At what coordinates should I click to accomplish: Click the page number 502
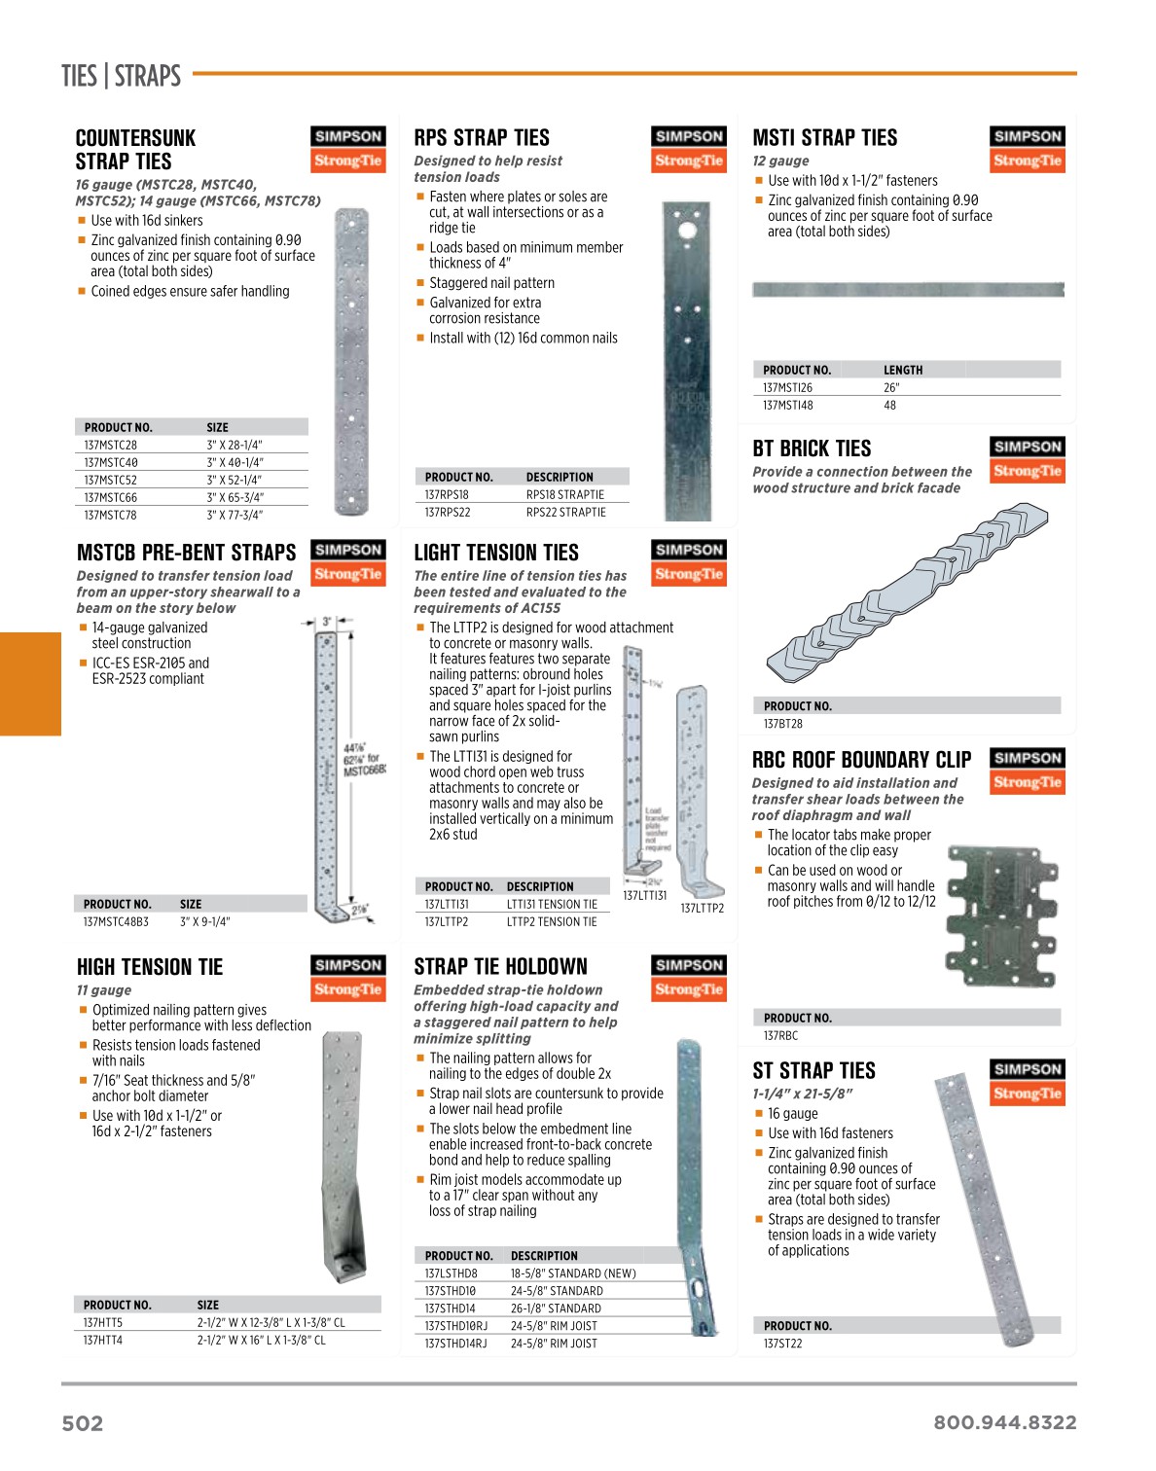pos(83,1423)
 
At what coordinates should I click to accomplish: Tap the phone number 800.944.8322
pos(1004,1422)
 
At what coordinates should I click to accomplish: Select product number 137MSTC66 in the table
pos(110,497)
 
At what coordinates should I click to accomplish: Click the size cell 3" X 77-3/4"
pos(235,515)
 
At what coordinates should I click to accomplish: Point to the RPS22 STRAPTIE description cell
pos(565,512)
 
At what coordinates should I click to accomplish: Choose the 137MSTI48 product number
pos(788,405)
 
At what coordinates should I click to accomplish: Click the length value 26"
pos(891,387)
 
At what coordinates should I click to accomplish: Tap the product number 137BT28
pos(783,724)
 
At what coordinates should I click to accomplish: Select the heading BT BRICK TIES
pos(812,448)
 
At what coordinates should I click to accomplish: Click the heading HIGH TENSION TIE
pos(150,967)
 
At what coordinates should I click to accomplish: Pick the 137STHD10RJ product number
pos(456,1325)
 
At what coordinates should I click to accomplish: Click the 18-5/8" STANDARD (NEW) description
pos(573,1273)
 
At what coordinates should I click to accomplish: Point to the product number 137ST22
pos(783,1344)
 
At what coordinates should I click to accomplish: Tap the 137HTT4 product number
pos(103,1340)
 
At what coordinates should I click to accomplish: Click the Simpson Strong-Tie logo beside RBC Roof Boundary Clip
pos(1028,771)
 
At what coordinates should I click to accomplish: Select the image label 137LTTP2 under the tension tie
pos(702,909)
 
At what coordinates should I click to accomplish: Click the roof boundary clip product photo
pos(1001,915)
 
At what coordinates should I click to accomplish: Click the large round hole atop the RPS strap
pos(687,232)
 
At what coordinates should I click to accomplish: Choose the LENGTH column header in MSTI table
pos(903,370)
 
